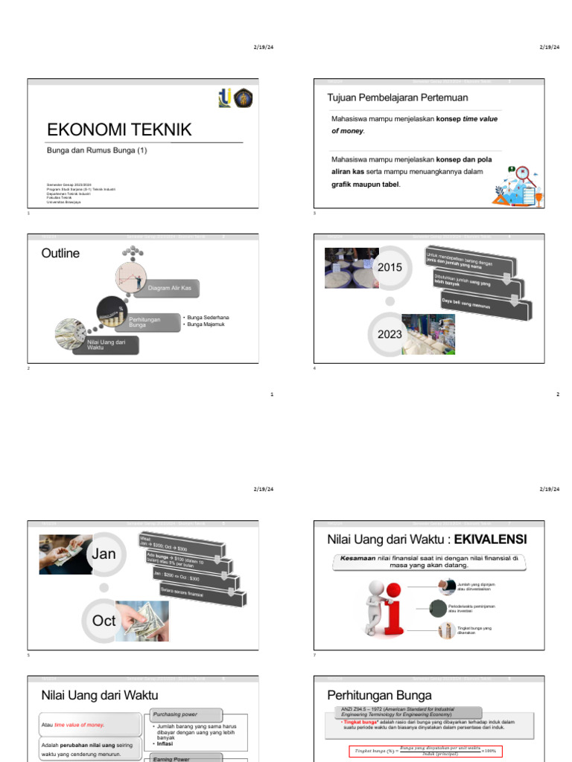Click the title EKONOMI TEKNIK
[119, 130]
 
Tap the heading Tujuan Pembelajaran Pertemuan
[398, 97]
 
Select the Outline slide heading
[60, 254]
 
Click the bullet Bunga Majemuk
[206, 324]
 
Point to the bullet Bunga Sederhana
[208, 317]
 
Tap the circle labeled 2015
[390, 267]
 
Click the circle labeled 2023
[390, 334]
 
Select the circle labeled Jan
[104, 554]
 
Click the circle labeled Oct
[104, 620]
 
